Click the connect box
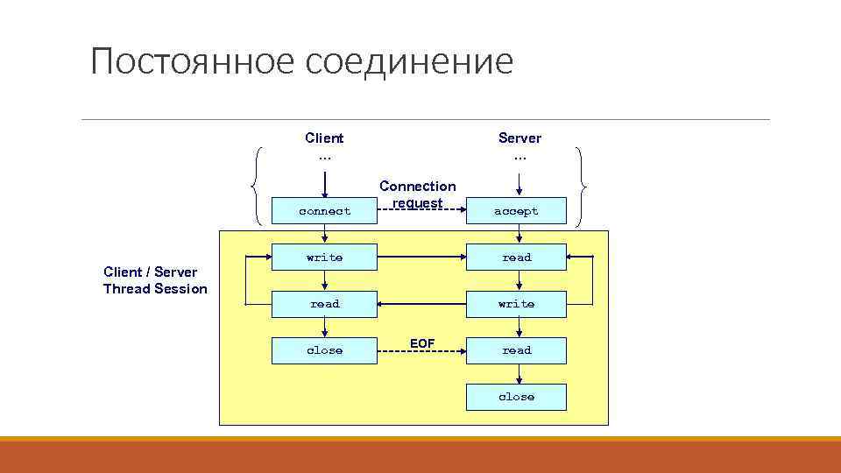pos(324,211)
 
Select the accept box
pos(516,211)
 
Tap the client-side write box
pos(324,258)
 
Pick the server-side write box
pos(516,304)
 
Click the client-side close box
pos(324,350)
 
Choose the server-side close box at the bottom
pos(516,397)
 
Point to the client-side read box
pos(324,304)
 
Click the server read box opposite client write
pos(516,258)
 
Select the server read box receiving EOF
pos(516,350)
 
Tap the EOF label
pos(421,343)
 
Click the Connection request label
pos(418,194)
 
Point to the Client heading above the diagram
pos(324,138)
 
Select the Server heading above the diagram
pos(519,138)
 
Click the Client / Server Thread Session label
pos(155,280)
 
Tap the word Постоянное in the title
pos(192,62)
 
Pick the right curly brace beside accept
pos(582,186)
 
